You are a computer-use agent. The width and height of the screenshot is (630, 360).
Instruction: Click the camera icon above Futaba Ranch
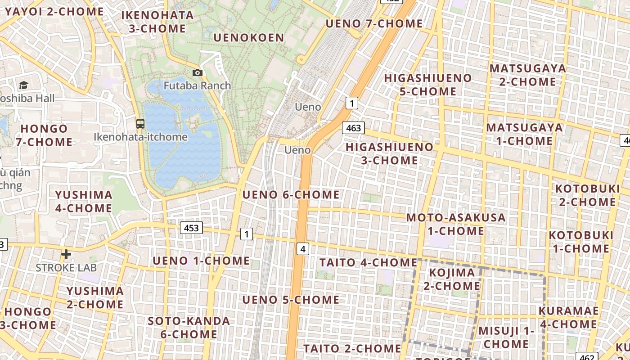197,72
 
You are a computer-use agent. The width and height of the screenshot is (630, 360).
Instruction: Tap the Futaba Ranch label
197,85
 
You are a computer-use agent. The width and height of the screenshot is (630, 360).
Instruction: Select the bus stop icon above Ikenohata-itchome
140,123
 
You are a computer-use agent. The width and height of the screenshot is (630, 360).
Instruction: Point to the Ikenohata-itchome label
140,137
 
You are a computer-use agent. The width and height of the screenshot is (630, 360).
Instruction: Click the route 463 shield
353,128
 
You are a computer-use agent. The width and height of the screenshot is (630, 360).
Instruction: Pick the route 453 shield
191,228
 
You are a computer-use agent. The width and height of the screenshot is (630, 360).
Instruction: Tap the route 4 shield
303,248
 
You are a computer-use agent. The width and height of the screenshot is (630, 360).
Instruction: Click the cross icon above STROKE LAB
66,254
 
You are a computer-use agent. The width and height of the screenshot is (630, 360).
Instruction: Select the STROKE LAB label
66,268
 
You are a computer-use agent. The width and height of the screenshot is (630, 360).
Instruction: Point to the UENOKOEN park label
249,38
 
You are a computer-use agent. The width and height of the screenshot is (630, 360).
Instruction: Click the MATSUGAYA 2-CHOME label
527,75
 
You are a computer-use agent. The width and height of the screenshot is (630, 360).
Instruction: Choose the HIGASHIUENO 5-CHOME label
428,85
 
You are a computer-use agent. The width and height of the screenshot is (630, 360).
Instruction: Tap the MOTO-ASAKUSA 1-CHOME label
456,224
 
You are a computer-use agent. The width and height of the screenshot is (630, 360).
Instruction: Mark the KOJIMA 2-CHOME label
452,279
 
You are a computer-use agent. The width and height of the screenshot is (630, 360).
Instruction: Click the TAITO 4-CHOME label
369,262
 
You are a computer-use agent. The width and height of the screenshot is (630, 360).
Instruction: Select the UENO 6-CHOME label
291,195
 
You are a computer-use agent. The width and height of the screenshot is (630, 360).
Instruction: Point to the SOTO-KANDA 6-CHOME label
189,328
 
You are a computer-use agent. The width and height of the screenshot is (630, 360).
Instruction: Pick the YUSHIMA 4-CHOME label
84,201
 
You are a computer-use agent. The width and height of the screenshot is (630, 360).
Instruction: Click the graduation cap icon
23,85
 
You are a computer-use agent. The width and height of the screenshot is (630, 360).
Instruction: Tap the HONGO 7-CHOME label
44,135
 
